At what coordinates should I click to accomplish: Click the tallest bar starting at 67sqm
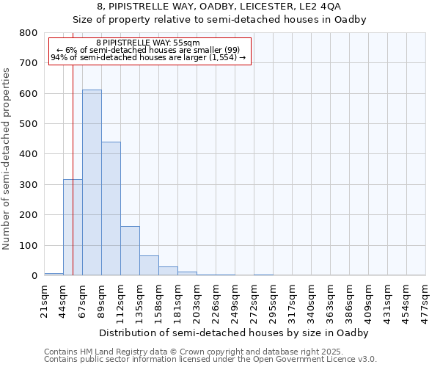click(92, 183)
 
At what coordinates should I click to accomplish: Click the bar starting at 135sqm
click(149, 266)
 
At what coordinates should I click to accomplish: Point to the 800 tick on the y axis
click(29, 33)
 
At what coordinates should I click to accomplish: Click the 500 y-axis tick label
click(29, 124)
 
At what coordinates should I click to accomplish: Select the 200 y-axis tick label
click(29, 215)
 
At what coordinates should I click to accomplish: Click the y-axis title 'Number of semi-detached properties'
click(7, 158)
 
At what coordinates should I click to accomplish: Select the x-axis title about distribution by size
click(235, 333)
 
